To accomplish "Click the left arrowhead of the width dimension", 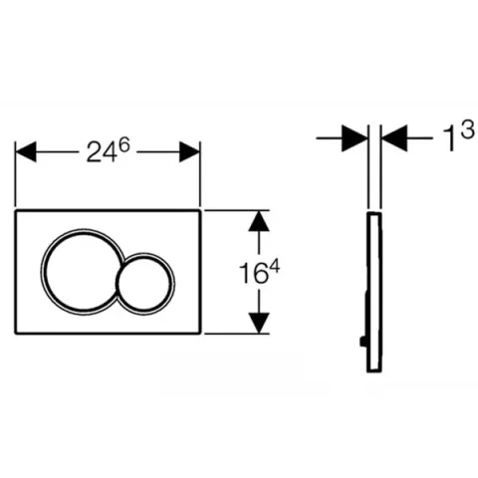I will click(x=27, y=150).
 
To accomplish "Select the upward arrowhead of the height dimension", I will click(x=259, y=221).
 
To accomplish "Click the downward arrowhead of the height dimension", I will click(x=259, y=322).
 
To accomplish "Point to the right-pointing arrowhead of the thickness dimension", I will click(x=355, y=138).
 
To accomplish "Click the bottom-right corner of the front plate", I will click(x=200, y=332).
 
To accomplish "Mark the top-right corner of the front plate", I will click(x=200, y=211).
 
